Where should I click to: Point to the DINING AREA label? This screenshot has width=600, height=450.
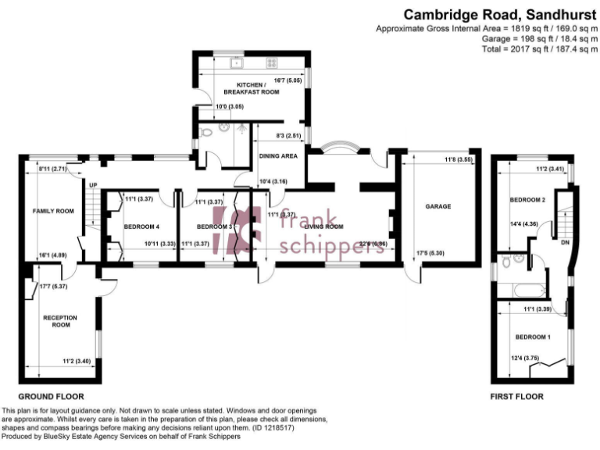click(277, 156)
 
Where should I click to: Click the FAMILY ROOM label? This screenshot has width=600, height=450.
click(53, 211)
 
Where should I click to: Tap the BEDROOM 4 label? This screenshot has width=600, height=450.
click(141, 227)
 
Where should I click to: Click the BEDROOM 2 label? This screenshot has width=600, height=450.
click(527, 200)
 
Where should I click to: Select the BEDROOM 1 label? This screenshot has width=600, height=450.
click(533, 337)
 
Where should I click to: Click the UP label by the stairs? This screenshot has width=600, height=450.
click(92, 185)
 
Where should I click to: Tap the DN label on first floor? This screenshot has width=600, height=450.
click(564, 242)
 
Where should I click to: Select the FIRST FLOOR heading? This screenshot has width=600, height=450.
click(516, 396)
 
